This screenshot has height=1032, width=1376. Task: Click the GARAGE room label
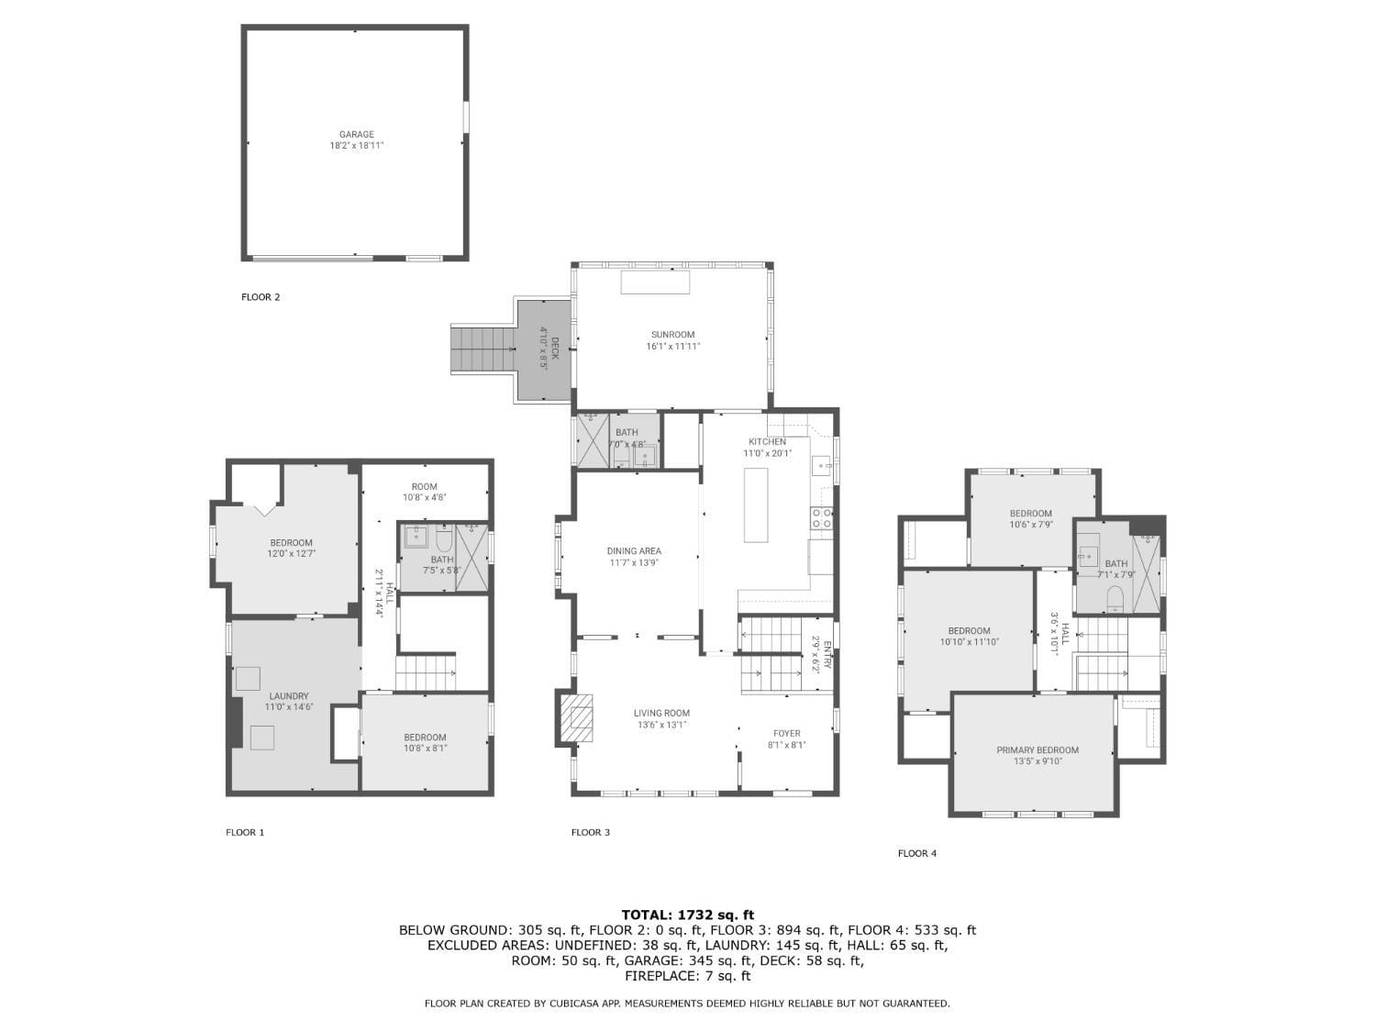tap(356, 134)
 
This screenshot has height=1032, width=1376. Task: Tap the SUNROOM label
tap(672, 335)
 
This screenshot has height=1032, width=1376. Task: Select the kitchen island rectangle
tap(755, 505)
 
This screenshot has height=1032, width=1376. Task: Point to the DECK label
tap(554, 349)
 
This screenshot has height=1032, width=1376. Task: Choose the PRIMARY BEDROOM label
tap(1037, 750)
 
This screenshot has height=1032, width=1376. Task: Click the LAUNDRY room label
tap(288, 696)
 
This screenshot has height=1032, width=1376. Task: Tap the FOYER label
tap(786, 733)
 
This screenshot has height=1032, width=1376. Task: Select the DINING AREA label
tap(634, 551)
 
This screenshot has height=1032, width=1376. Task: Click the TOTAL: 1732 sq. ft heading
tap(688, 915)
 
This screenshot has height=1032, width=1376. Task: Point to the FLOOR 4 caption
tap(917, 853)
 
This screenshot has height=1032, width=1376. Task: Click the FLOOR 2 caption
tap(261, 297)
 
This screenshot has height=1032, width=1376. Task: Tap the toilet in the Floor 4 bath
tap(1115, 599)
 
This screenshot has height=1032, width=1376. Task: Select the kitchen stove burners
tap(821, 519)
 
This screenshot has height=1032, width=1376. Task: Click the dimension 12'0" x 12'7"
tap(291, 554)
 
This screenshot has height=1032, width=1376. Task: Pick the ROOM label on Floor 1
tap(424, 487)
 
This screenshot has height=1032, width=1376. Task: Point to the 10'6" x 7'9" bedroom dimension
tap(1030, 525)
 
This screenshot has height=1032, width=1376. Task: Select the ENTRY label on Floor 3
tap(827, 655)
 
